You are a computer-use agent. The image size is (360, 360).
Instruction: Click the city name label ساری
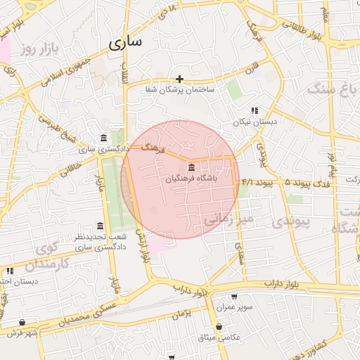tap(125, 41)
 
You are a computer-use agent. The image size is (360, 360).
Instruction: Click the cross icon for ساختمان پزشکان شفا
tap(180, 79)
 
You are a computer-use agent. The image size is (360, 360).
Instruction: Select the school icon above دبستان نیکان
tap(255, 110)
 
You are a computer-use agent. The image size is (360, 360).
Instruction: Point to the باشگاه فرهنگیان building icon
tap(192, 167)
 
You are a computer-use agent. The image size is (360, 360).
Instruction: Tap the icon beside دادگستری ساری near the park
tap(103, 137)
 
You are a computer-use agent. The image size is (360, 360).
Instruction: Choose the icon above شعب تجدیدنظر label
tap(100, 226)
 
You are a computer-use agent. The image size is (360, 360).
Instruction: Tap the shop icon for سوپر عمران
tap(233, 296)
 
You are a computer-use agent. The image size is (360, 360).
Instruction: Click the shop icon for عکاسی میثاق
tap(220, 327)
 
